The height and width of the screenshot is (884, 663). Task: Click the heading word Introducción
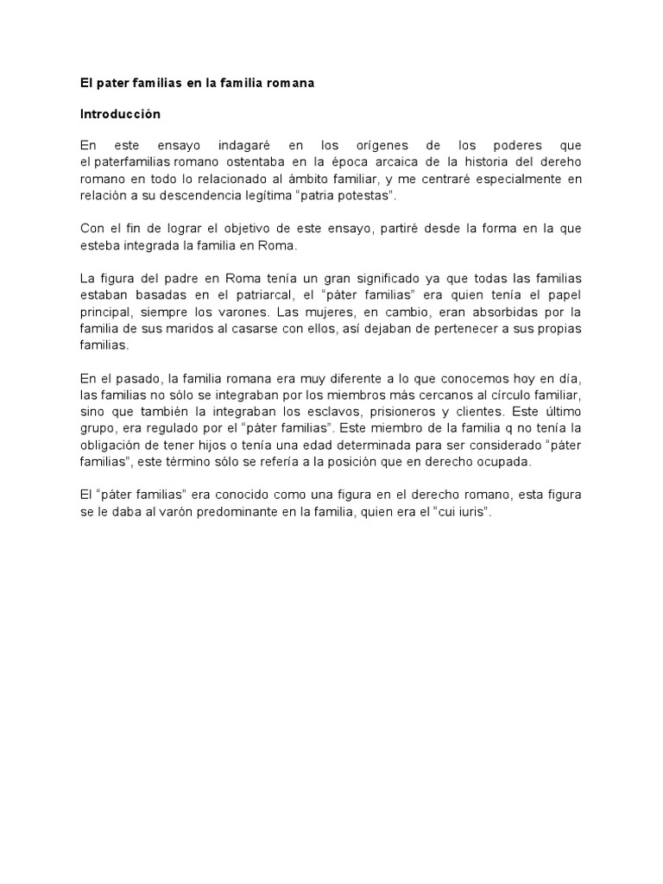[x=120, y=113]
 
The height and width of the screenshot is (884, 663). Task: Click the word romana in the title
[x=289, y=84]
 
